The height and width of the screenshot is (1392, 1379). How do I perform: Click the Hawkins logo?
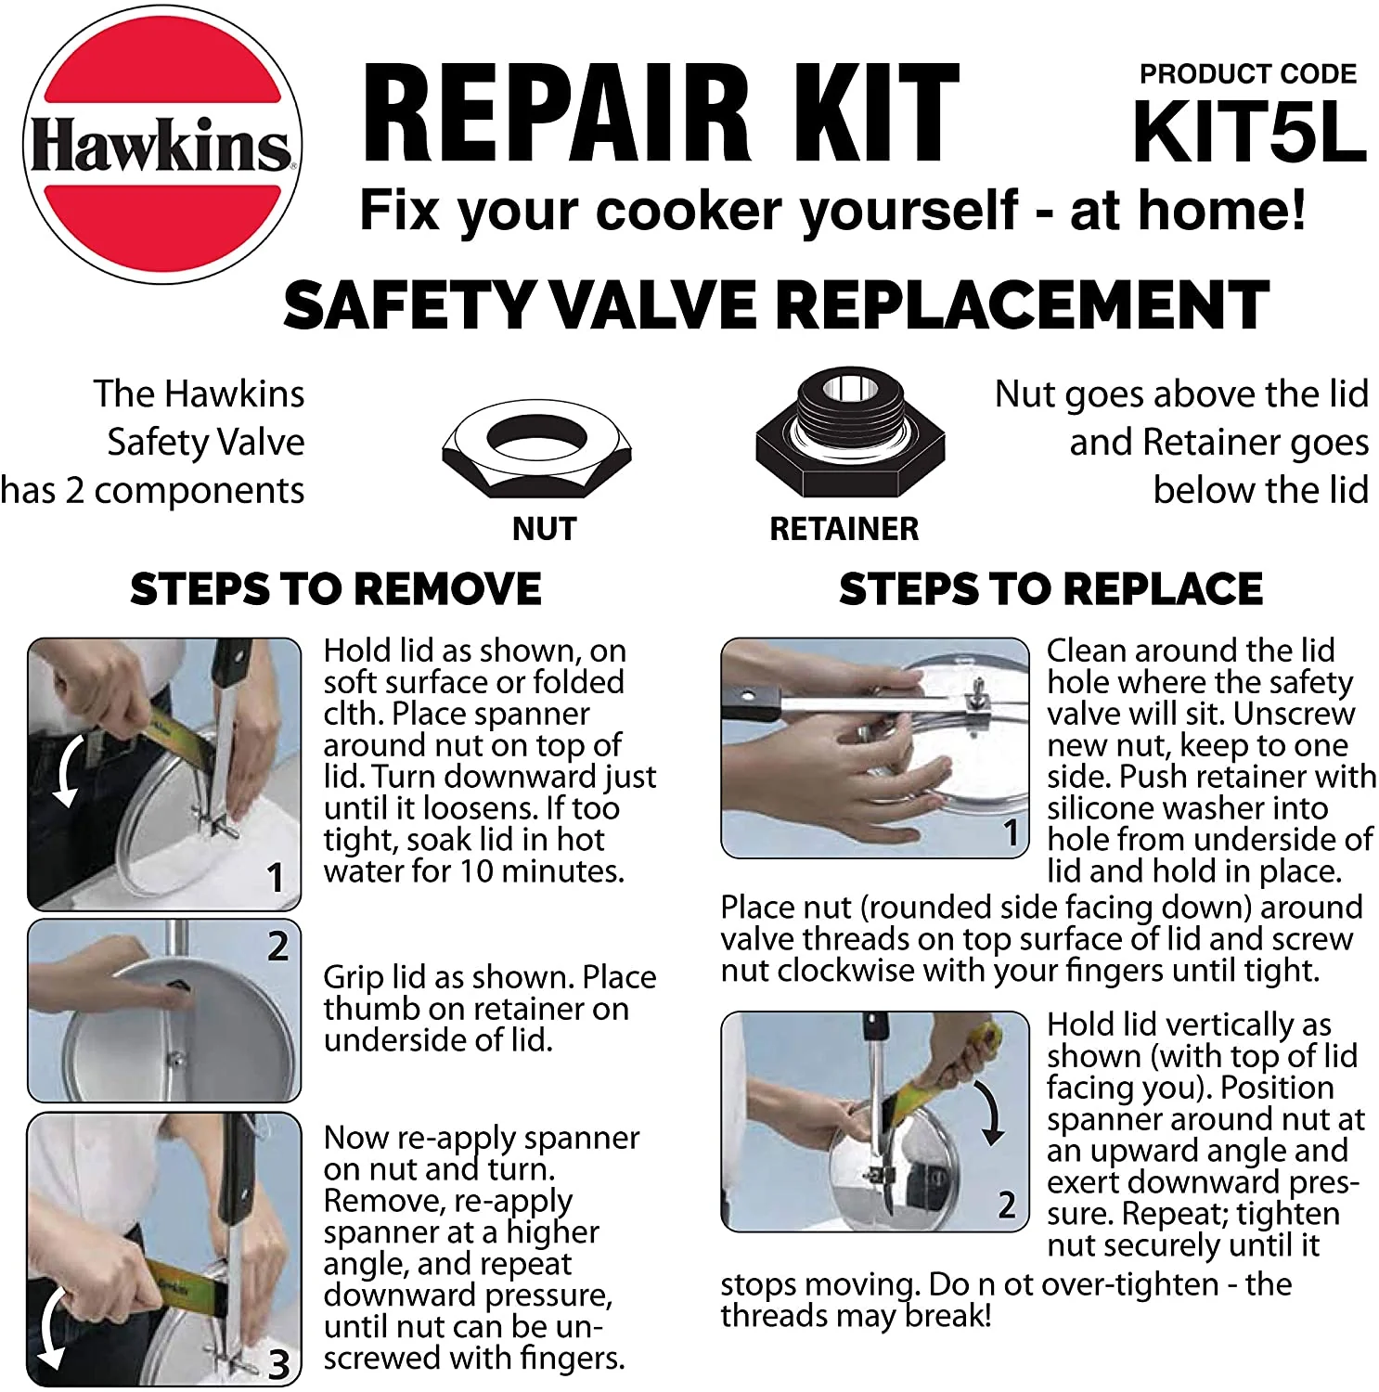pos(161,144)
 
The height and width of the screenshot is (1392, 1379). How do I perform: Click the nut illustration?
pos(536,448)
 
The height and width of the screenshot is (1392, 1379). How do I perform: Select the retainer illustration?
pos(850,432)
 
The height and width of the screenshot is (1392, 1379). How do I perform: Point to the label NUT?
pos(545,529)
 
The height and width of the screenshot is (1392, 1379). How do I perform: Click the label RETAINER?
pos(844,529)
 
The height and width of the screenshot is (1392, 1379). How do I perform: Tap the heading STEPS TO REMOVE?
pos(336,589)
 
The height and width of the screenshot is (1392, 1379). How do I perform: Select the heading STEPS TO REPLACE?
pos(1050,589)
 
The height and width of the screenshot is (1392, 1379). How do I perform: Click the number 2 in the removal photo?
pos(277,946)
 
